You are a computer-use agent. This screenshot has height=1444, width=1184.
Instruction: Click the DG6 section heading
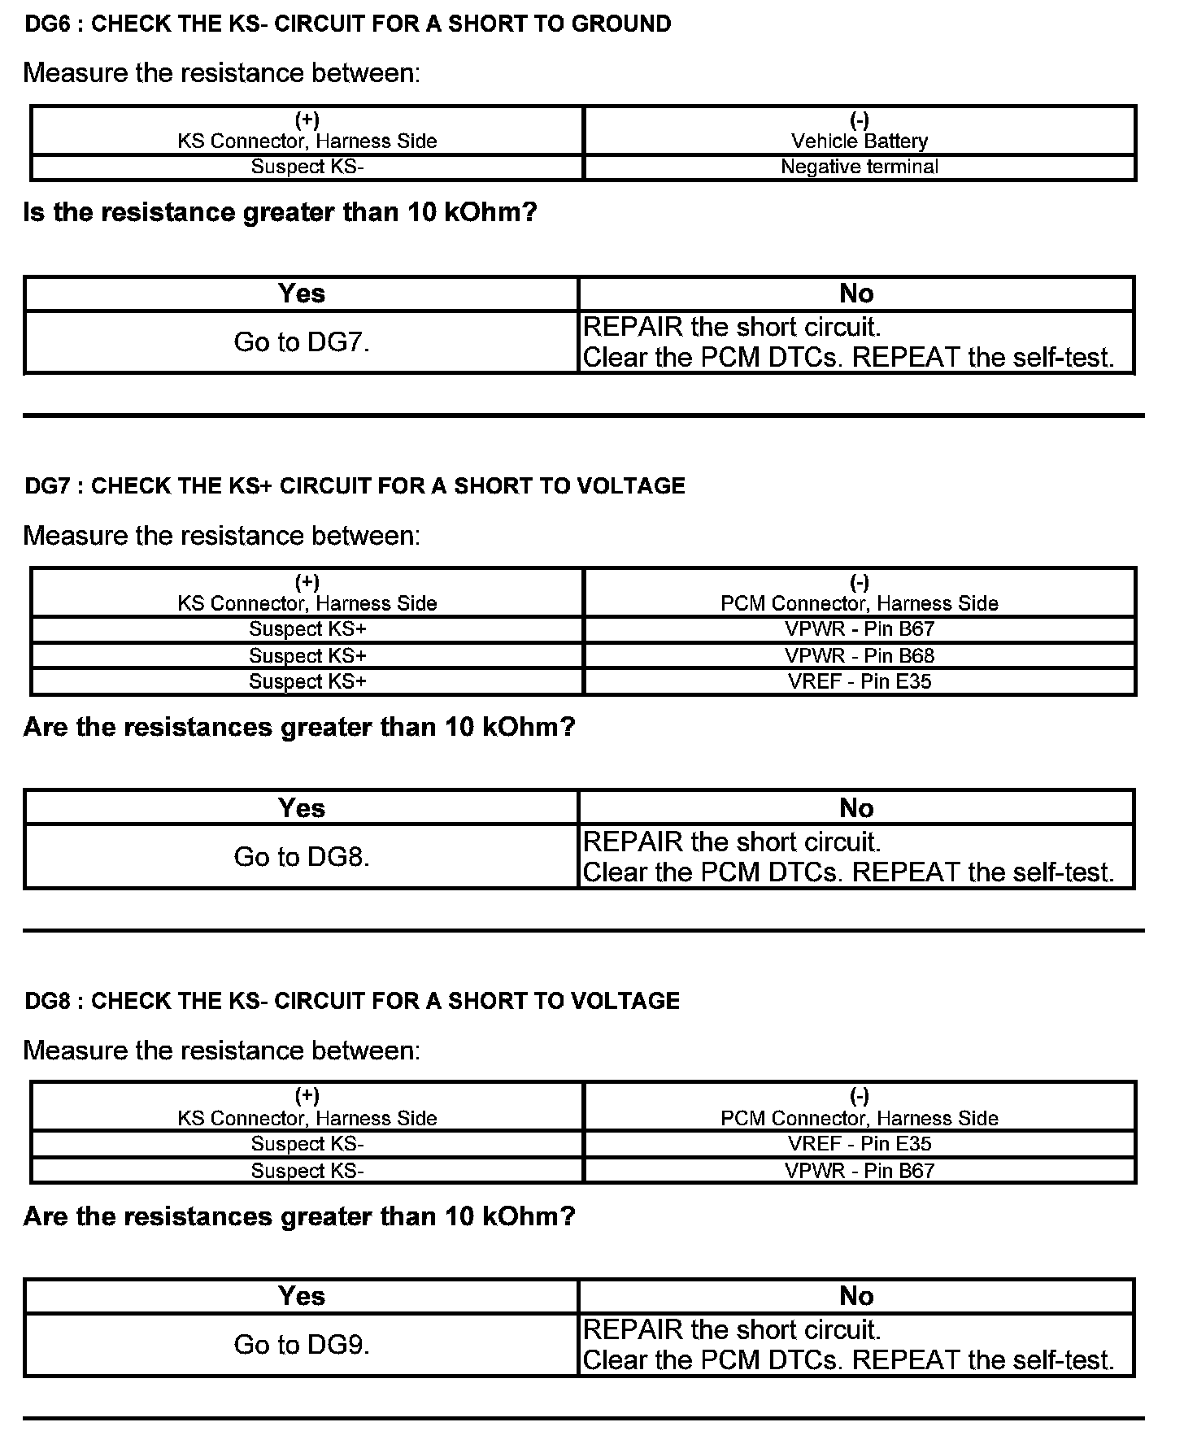click(x=348, y=24)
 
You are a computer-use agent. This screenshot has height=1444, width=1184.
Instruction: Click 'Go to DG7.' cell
click(x=302, y=342)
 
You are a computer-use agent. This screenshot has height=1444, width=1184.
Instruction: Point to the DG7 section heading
click(x=355, y=486)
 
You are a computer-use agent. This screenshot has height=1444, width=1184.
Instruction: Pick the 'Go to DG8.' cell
click(x=302, y=857)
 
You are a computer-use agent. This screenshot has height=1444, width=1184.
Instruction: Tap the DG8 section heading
click(x=352, y=1001)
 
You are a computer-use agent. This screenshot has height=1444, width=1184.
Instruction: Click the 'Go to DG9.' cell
click(x=302, y=1345)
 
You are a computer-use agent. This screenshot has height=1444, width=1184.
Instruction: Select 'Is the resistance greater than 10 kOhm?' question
click(x=281, y=213)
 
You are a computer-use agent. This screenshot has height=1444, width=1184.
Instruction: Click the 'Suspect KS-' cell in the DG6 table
click(x=307, y=167)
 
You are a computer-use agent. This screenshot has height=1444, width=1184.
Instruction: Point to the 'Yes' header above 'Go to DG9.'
click(x=302, y=1296)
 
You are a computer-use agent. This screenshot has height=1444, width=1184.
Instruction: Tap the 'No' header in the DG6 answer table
click(x=856, y=294)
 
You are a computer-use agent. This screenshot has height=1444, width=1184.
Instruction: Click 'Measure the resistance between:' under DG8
click(x=222, y=1050)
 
